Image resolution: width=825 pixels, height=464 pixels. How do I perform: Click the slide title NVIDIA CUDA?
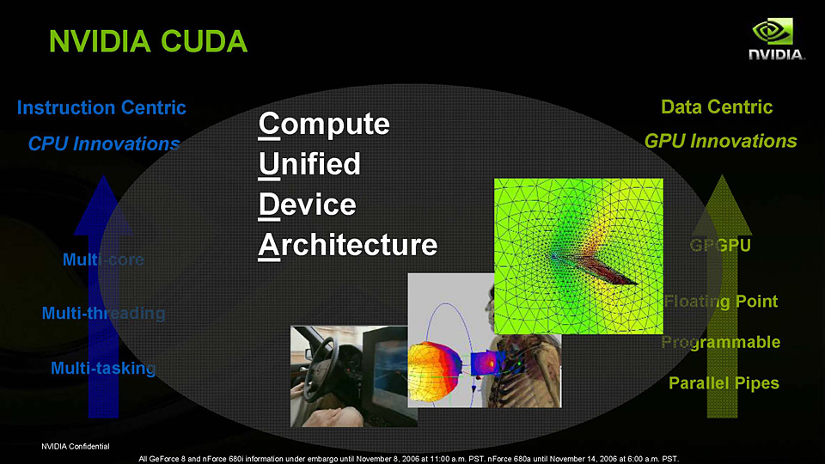point(148,41)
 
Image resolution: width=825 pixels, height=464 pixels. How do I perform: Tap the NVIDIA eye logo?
point(773,32)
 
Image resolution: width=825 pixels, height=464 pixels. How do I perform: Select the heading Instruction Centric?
point(101,108)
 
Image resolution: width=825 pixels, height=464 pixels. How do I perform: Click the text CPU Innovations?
point(104,143)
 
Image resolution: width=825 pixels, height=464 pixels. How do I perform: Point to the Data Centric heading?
point(717,107)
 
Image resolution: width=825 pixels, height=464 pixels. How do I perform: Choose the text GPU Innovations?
point(720,141)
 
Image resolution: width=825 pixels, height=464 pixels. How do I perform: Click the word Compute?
point(324,125)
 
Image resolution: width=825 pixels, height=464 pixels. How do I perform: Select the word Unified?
point(309,163)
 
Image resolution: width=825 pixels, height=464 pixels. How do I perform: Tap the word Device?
point(308,205)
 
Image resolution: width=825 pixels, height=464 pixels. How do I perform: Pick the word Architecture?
point(348,245)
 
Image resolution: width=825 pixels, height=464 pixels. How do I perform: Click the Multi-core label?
point(103,259)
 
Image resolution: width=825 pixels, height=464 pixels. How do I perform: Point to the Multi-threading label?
point(103,314)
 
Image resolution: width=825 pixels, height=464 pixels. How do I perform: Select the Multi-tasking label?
point(103,369)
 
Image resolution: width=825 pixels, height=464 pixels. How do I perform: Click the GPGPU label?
point(720,245)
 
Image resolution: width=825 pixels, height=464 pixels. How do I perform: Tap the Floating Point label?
point(721,302)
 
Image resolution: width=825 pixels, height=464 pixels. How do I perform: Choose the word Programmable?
point(721,343)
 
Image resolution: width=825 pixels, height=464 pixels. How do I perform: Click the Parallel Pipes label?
point(724,383)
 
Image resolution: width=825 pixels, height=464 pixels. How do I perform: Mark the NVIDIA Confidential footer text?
point(76,447)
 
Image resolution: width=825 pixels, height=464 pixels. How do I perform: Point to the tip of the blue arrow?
point(103,175)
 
